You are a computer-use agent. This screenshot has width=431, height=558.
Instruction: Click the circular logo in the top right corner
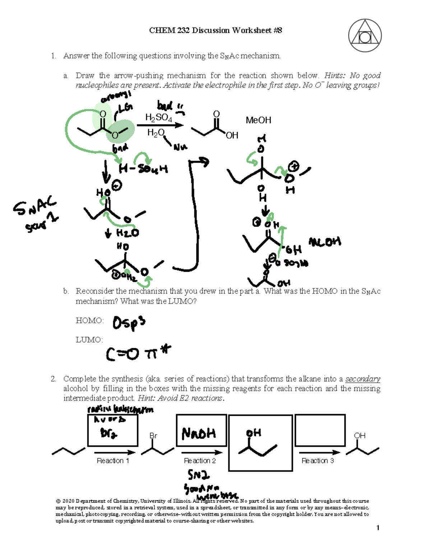coord(365,36)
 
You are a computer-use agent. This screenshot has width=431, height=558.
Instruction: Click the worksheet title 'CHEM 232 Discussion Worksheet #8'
coord(215,30)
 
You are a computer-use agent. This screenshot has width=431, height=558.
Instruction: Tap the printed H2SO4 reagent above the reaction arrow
coord(158,117)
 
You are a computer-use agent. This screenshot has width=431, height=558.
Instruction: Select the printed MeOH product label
coord(258,120)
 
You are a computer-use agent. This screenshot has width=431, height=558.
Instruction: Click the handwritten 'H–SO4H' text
coord(143,169)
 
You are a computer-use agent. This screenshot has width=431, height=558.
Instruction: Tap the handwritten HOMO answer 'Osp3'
coord(129,323)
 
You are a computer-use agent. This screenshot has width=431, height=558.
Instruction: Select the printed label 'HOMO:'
coord(89,320)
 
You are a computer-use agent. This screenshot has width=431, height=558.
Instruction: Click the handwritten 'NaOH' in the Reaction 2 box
coord(199,434)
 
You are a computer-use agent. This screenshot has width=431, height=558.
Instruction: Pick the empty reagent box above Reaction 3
coord(320,430)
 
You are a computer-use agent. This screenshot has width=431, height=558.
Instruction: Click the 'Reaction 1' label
coord(113,461)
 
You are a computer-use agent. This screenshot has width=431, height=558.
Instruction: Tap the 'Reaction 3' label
coord(318,461)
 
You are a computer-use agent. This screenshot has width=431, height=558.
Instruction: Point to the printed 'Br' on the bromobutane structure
coord(153,435)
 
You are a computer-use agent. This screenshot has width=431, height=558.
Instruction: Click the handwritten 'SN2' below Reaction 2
coord(198,475)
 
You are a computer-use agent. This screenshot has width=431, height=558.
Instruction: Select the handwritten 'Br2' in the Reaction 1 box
coord(108,434)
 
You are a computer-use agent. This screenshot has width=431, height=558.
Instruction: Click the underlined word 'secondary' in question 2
coord(362,379)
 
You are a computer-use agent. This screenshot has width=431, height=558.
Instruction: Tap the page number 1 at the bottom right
coord(378,527)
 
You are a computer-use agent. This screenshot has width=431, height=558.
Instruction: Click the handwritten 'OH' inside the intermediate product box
coord(254,433)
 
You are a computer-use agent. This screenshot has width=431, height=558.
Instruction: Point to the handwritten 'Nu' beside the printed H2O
coord(180,147)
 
